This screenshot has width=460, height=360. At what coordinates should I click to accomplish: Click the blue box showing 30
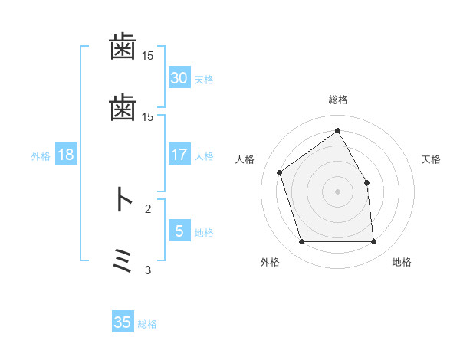(179, 78)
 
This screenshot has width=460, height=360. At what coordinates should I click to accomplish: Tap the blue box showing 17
(179, 155)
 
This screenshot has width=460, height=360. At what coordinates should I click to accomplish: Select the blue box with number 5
(179, 231)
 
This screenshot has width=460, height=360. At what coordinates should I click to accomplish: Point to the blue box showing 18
(65, 155)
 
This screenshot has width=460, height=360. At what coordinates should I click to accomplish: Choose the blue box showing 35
(123, 322)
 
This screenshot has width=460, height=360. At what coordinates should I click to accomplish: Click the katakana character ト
(123, 201)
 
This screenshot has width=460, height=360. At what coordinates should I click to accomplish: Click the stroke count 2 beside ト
(148, 208)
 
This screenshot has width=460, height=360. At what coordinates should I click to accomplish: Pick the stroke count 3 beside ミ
(148, 270)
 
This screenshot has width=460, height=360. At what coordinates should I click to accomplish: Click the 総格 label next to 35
(147, 324)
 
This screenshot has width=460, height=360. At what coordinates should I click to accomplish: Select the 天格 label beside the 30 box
(203, 80)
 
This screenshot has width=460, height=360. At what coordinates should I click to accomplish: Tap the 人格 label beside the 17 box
(203, 156)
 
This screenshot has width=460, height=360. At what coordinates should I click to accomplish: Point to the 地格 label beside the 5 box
(203, 233)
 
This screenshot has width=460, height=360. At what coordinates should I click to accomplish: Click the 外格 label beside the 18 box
(41, 156)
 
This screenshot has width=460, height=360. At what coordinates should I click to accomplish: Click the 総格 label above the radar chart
(337, 100)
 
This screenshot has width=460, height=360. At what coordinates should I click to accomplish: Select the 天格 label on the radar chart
(431, 160)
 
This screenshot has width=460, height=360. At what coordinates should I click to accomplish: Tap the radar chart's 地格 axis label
(402, 263)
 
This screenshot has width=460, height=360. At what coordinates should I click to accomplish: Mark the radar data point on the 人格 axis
(281, 172)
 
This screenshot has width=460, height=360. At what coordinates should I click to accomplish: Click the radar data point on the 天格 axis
(366, 182)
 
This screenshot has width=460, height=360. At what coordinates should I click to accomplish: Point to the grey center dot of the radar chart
(337, 191)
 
